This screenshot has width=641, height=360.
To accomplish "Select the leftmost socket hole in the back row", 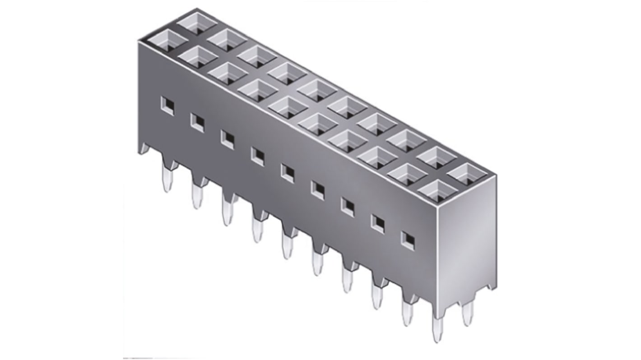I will click(197, 23).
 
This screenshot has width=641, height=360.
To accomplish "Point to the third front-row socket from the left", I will click(227, 73).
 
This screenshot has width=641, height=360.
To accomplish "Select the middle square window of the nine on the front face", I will click(287, 172).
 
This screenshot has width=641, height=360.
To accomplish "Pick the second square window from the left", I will click(197, 122).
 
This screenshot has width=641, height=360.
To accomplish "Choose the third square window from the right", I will click(348, 206).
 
